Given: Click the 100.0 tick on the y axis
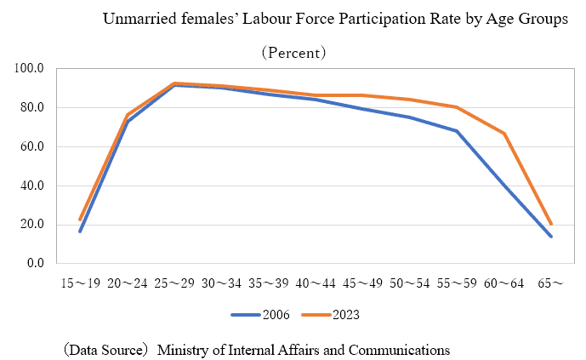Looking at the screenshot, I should pyautogui.click(x=29, y=68).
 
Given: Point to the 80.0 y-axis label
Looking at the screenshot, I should pyautogui.click(x=31, y=107).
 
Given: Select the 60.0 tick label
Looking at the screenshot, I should pyautogui.click(x=31, y=146).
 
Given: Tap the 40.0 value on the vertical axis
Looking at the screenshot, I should pyautogui.click(x=31, y=186).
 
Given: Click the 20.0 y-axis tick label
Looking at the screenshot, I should pyautogui.click(x=31, y=225).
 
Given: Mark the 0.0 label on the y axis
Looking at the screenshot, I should pyautogui.click(x=34, y=264).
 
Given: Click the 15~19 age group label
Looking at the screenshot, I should pyautogui.click(x=80, y=282).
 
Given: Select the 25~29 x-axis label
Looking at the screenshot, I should pyautogui.click(x=174, y=282).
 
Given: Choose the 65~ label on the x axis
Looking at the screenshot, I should pyautogui.click(x=551, y=282).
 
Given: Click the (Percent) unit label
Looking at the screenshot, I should pyautogui.click(x=293, y=52).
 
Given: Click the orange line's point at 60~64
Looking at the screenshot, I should pyautogui.click(x=504, y=134).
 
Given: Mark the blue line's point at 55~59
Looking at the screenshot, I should pyautogui.click(x=457, y=131).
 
